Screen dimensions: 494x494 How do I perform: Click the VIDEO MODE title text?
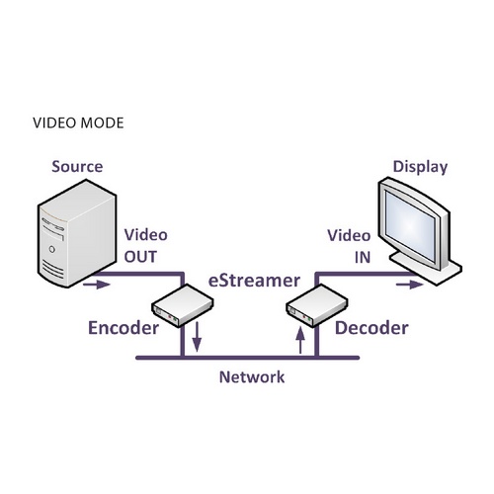click(x=78, y=124)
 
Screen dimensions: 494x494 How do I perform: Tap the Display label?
click(x=420, y=167)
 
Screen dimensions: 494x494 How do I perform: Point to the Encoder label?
click(x=123, y=328)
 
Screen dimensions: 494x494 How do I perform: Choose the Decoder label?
click(x=370, y=327)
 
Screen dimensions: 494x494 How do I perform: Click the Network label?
click(x=251, y=376)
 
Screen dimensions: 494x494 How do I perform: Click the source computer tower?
click(x=72, y=232)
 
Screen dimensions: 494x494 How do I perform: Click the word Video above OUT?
click(x=145, y=236)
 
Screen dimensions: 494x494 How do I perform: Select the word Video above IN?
click(x=349, y=236)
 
